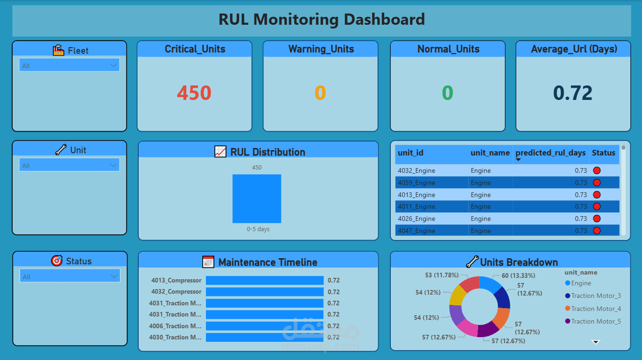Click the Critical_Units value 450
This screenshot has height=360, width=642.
pyautogui.click(x=194, y=93)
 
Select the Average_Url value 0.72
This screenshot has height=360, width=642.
pyautogui.click(x=573, y=93)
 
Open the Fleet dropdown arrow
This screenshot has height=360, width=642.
pyautogui.click(x=113, y=65)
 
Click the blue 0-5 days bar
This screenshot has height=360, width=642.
pyautogui.click(x=257, y=198)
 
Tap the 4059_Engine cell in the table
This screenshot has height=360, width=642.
pyautogui.click(x=416, y=183)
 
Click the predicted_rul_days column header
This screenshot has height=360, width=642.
pyautogui.click(x=550, y=153)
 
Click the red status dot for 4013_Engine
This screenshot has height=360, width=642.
pyautogui.click(x=597, y=195)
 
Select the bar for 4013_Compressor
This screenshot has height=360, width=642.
pyautogui.click(x=264, y=281)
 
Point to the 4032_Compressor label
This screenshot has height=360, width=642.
pyautogui.click(x=176, y=292)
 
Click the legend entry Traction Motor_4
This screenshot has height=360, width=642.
pyautogui.click(x=596, y=309)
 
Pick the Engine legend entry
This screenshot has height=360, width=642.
pyautogui.click(x=581, y=283)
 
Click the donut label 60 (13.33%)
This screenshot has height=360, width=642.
pyautogui.click(x=518, y=275)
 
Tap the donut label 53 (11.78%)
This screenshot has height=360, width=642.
pyautogui.click(x=442, y=275)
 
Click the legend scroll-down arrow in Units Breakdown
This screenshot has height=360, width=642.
pyautogui.click(x=595, y=342)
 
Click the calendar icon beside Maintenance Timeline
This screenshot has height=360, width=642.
pyautogui.click(x=208, y=262)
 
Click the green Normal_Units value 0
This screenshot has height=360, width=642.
pyautogui.click(x=447, y=93)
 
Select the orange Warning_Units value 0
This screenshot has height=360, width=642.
pyautogui.click(x=320, y=93)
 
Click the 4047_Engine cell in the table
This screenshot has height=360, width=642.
pyautogui.click(x=416, y=231)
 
